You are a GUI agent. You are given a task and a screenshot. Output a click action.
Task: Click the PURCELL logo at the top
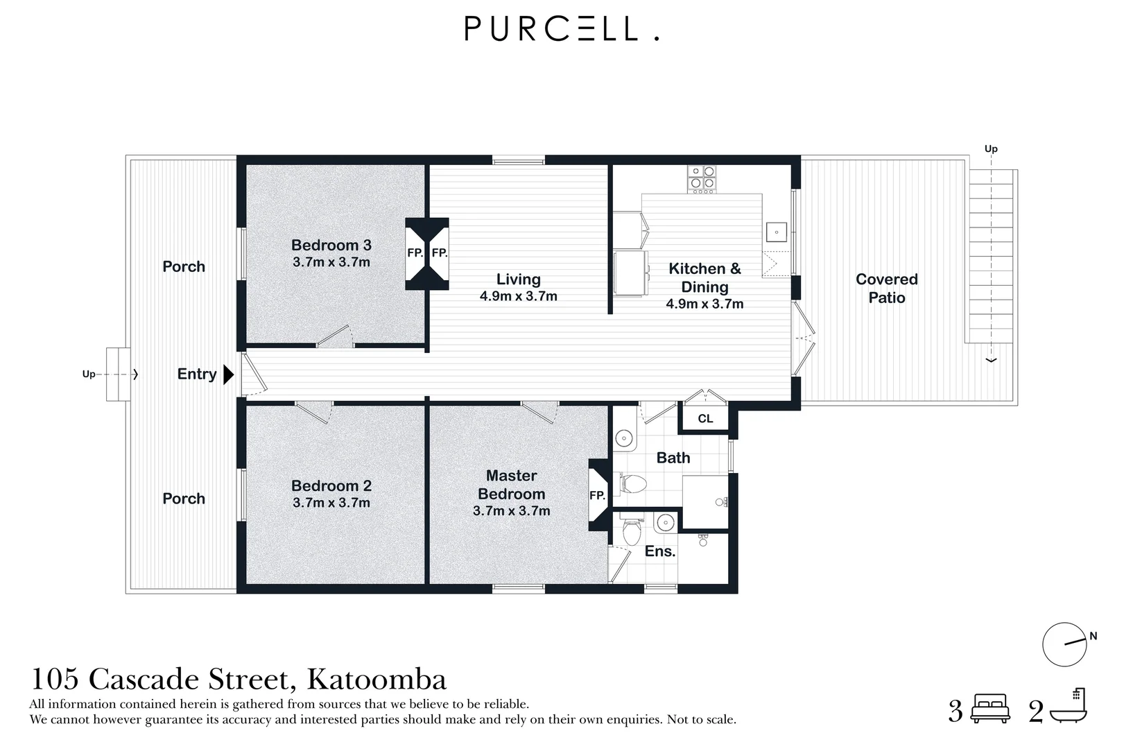tap(561, 29)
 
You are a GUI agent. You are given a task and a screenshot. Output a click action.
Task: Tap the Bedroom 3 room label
tap(331, 245)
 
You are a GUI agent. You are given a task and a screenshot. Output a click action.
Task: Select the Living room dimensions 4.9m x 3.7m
tap(518, 296)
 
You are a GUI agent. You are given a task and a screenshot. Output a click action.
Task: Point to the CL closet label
tap(705, 418)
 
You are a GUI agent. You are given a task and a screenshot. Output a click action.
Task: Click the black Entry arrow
tap(228, 374)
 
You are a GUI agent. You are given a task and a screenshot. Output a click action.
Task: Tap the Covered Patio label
tap(886, 288)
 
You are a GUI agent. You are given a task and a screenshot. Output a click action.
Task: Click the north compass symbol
tap(1064, 644)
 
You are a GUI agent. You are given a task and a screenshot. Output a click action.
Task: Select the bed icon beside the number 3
tap(990, 709)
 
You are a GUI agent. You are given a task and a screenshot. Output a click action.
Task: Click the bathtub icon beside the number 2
tap(1069, 707)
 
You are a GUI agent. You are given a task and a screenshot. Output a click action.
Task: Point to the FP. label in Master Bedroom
tap(597, 495)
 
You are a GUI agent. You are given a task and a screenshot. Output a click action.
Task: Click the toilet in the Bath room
tap(632, 483)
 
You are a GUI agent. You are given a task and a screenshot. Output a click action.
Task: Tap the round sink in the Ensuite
tap(665, 522)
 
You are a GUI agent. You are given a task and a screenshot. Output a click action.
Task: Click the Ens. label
tap(659, 551)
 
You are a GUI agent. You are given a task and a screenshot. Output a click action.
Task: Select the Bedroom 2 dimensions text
tap(331, 503)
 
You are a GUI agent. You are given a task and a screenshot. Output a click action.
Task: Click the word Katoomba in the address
tap(377, 679)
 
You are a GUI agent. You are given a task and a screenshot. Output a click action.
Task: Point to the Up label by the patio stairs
tap(991, 148)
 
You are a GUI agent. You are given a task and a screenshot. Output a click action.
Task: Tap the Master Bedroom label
tap(511, 485)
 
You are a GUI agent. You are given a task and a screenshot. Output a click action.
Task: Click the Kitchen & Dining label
tap(704, 277)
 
